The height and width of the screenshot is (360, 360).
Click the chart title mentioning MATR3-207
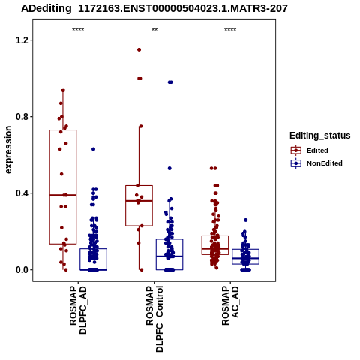click(154, 8)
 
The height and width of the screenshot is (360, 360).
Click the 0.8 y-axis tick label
click(21, 117)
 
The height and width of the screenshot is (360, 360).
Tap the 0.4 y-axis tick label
click(21, 193)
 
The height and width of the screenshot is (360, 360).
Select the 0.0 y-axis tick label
click(21, 270)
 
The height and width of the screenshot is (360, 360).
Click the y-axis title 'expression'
click(8, 150)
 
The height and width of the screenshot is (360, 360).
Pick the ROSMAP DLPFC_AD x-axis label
click(78, 310)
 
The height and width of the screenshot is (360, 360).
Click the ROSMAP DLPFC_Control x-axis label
click(154, 319)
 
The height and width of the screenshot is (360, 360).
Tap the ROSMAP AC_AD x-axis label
click(230, 305)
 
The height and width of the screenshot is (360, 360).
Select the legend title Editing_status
click(320, 136)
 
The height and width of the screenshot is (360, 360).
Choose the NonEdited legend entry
click(316, 163)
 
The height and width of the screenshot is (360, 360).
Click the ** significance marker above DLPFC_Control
click(154, 30)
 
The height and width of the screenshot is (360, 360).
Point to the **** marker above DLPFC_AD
click(78, 30)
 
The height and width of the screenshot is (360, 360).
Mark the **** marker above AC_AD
click(230, 30)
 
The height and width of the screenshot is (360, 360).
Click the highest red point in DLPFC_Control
click(139, 50)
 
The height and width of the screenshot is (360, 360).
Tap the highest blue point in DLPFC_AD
click(93, 149)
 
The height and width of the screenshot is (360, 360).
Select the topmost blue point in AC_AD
click(246, 220)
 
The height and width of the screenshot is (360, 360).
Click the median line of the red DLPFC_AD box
click(63, 195)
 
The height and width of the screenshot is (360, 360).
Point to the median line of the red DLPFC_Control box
click(139, 201)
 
